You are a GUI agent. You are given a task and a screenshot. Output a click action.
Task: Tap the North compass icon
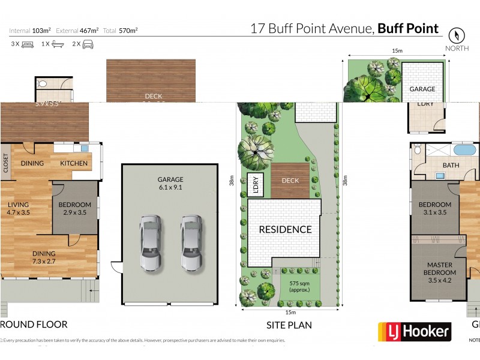pyautogui.click(x=457, y=35)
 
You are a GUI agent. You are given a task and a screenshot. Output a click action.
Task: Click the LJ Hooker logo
pyautogui.click(x=414, y=331)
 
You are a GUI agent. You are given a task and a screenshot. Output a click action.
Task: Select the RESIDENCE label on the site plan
pyautogui.click(x=285, y=229)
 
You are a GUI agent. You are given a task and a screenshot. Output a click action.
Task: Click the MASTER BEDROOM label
pyautogui.click(x=439, y=269)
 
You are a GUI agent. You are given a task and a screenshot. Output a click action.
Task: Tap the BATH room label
pyautogui.click(x=451, y=165)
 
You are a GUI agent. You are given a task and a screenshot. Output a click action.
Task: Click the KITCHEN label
pyautogui.click(x=74, y=163)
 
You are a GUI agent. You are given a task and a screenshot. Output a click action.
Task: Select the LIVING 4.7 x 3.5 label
pyautogui.click(x=18, y=208)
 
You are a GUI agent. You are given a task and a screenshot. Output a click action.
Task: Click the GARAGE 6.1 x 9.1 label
pyautogui.click(x=170, y=182)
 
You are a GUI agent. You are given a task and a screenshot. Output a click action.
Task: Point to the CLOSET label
pyautogui.click(x=6, y=163)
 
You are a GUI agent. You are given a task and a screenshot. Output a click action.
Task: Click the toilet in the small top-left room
pyautogui.click(x=42, y=85)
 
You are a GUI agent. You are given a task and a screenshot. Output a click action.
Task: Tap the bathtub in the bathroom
pyautogui.click(x=464, y=149)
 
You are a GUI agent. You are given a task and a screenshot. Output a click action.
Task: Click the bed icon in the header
pyautogui.click(x=28, y=44)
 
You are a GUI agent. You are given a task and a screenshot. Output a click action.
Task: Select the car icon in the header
pyautogui.click(x=88, y=44)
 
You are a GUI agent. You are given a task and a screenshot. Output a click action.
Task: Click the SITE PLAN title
pyautogui.click(x=289, y=325)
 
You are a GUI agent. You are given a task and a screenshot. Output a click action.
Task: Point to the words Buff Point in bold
pyautogui.click(x=408, y=28)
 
